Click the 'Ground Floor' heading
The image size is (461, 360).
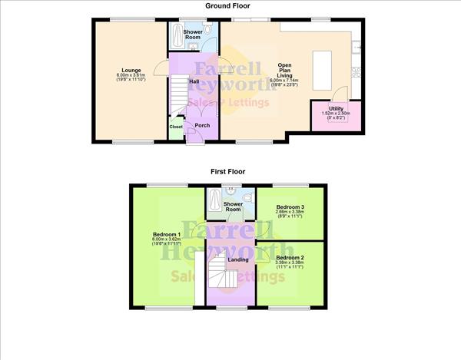(x=230, y=5)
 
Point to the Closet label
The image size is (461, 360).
(x=176, y=127)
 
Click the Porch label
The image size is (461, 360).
(x=202, y=125)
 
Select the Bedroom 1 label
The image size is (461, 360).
(x=167, y=234)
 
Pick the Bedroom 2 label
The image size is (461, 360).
(x=290, y=257)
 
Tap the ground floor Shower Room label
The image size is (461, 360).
(x=193, y=35)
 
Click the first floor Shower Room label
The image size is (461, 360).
(x=233, y=206)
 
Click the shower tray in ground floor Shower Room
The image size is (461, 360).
(x=178, y=35)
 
